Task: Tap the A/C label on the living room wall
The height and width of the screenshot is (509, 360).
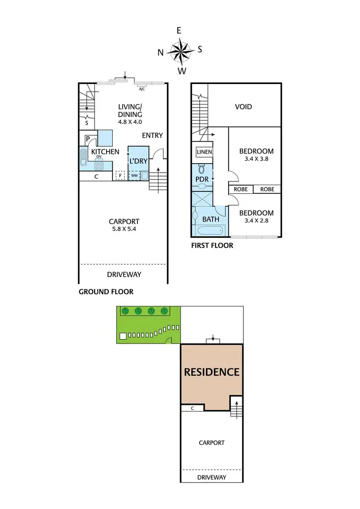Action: [x=142, y=89]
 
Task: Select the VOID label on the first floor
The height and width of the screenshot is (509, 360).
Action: [x=243, y=107]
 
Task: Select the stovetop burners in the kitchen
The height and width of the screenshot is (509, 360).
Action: [x=99, y=166]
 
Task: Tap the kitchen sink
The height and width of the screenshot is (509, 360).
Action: [x=84, y=157]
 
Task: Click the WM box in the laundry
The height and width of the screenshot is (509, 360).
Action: [x=134, y=176]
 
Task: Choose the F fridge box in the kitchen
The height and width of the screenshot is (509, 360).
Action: [x=120, y=176]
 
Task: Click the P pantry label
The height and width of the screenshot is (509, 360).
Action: [x=88, y=140]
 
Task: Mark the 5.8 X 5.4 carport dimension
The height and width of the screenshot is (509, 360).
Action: [x=124, y=229]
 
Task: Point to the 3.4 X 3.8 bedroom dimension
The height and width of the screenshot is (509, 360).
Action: [x=256, y=160]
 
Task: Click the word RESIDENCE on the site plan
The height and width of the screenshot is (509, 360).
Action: [x=212, y=372]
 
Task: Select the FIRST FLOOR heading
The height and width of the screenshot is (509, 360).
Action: [x=212, y=246]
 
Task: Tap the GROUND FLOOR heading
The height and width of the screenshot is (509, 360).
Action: [x=106, y=291]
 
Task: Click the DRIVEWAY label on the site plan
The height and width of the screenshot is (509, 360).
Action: [x=211, y=477]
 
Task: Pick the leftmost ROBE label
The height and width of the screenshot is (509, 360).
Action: [x=240, y=189]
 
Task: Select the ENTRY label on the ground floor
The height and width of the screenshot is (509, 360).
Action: [x=153, y=136]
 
